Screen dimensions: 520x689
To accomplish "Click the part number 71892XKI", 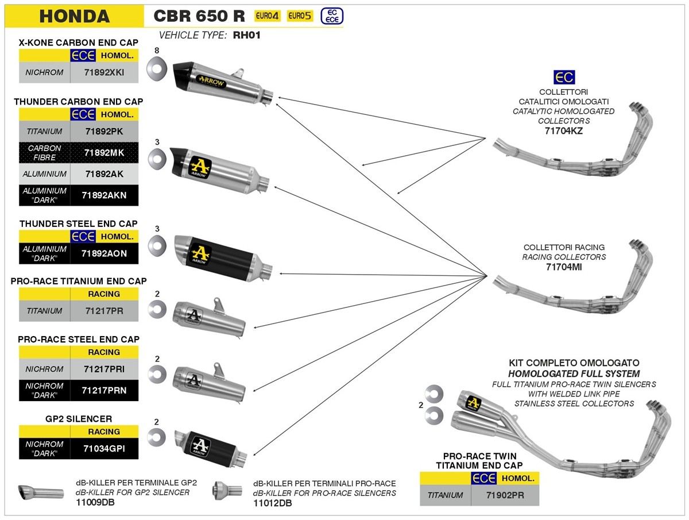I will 104,73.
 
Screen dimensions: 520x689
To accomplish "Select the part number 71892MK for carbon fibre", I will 104,152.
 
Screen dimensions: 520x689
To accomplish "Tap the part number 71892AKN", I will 104,195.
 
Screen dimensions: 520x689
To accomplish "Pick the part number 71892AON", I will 104,253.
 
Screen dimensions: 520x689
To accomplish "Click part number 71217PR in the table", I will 104,311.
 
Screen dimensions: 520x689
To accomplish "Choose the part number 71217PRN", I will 104,390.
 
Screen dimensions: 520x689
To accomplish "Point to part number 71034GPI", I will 104,448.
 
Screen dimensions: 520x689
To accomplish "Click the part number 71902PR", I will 497,495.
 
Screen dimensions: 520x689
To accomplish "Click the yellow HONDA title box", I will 74,16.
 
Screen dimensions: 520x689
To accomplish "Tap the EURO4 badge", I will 268,16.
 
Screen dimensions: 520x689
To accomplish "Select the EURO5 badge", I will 299,16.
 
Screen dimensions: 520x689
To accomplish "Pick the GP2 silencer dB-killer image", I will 40,493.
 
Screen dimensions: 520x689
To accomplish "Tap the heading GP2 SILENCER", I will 79,419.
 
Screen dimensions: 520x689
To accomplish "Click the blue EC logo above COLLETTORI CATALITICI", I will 563,77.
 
